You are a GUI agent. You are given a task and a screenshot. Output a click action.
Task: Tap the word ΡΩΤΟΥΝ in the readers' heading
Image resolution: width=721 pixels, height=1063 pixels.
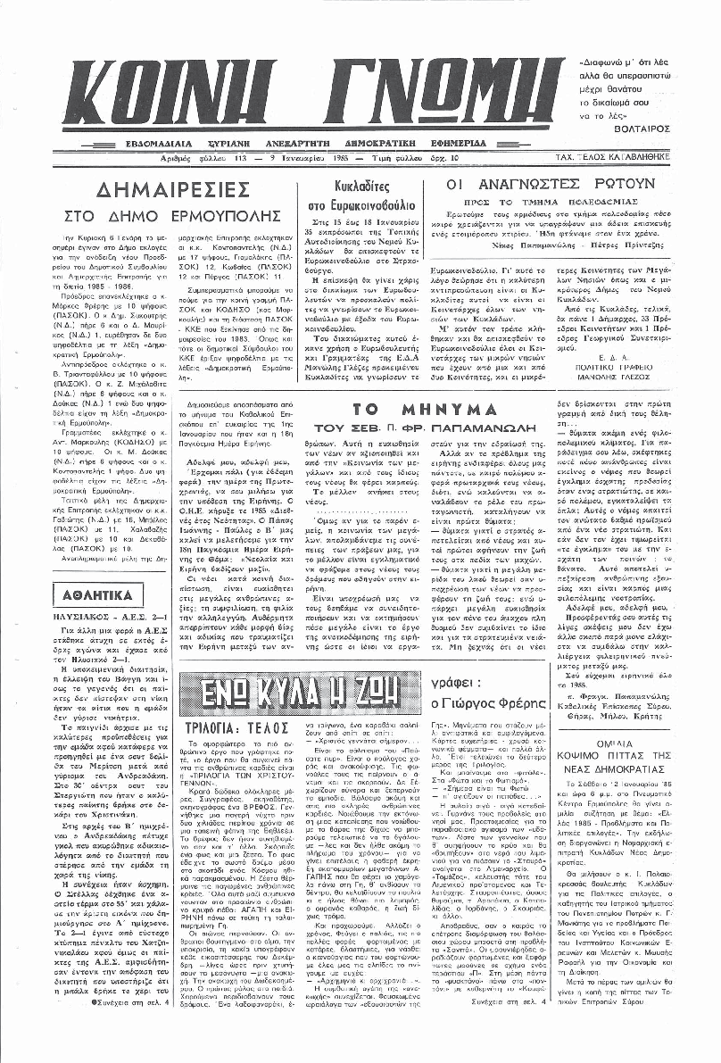(x=617, y=184)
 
